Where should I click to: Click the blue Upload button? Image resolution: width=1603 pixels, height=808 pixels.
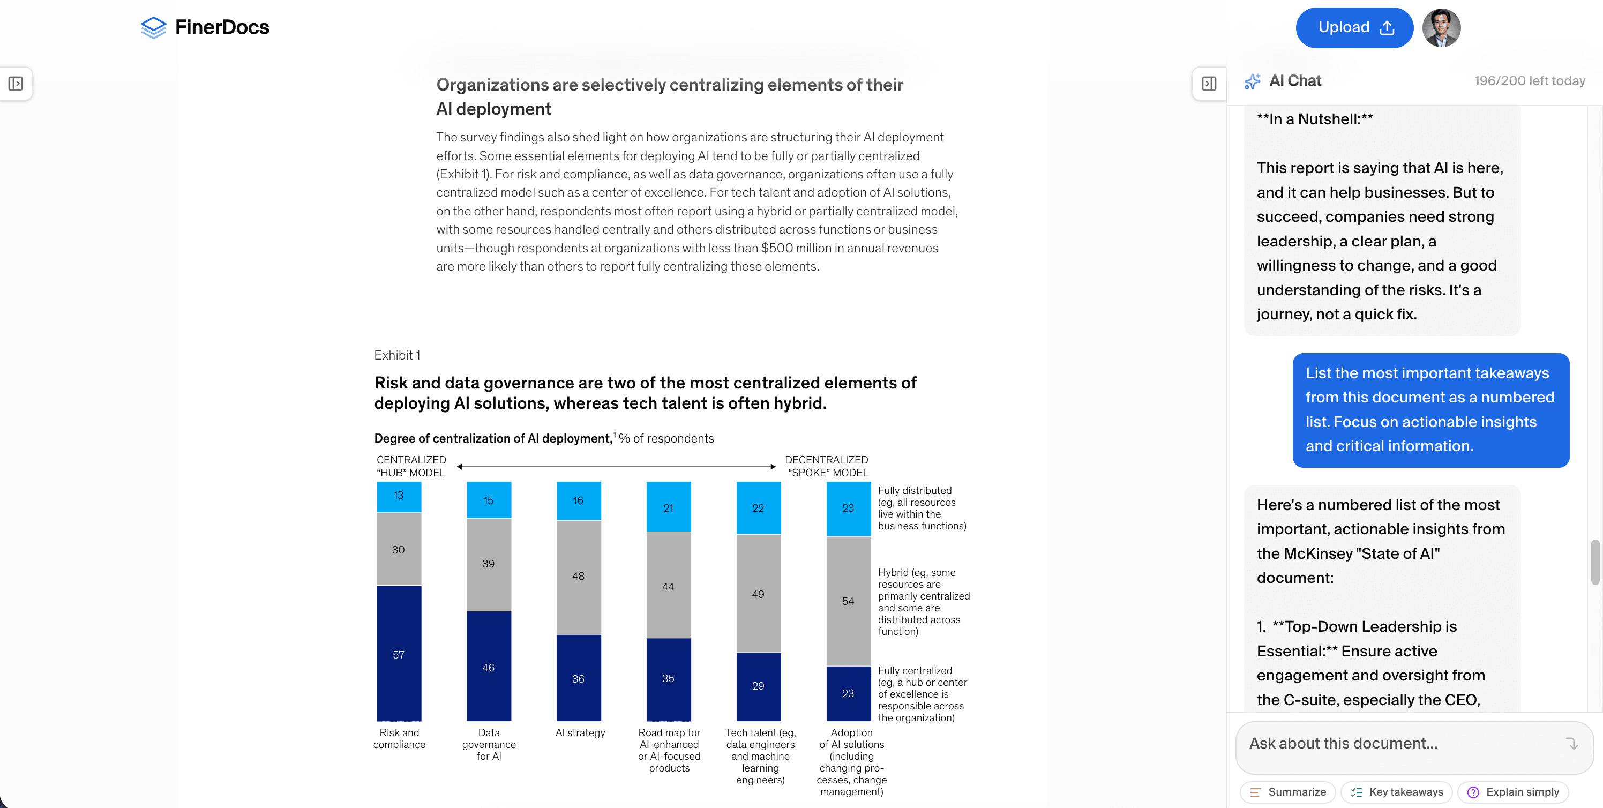tap(1353, 28)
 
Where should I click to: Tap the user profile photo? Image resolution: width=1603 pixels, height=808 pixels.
tap(1441, 28)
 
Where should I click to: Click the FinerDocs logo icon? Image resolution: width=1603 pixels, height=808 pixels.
tap(153, 27)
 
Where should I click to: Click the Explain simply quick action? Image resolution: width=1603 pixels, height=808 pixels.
tap(1513, 792)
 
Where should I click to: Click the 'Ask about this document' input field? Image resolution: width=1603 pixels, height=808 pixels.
tap(1400, 744)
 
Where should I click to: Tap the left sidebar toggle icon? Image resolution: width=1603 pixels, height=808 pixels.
tap(16, 84)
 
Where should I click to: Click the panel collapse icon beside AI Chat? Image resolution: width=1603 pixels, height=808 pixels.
tap(1209, 84)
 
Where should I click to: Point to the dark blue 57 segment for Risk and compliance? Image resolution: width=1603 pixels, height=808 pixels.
tap(399, 654)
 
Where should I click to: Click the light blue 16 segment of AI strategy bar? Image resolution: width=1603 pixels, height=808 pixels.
tap(578, 500)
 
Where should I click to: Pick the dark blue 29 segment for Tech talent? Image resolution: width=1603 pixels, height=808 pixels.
tap(758, 686)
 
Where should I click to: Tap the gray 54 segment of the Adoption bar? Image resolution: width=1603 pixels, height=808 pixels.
tap(848, 601)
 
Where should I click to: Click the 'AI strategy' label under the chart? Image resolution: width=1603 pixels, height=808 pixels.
tap(580, 732)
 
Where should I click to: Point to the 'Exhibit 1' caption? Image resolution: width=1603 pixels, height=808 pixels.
tap(397, 355)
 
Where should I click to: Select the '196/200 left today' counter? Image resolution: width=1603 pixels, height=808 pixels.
tap(1529, 81)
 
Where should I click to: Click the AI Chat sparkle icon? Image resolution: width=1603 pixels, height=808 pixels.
tap(1252, 81)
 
